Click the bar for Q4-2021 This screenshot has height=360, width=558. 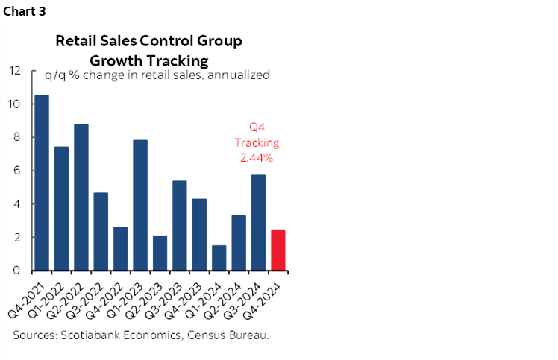point(42,183)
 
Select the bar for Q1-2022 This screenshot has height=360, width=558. point(62,208)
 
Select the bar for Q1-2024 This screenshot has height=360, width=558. point(219,258)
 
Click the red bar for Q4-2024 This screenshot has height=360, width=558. point(278,250)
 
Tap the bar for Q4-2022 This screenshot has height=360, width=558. point(121,248)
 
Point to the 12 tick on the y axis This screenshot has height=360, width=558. point(14,71)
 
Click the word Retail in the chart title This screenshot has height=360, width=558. point(75,40)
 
